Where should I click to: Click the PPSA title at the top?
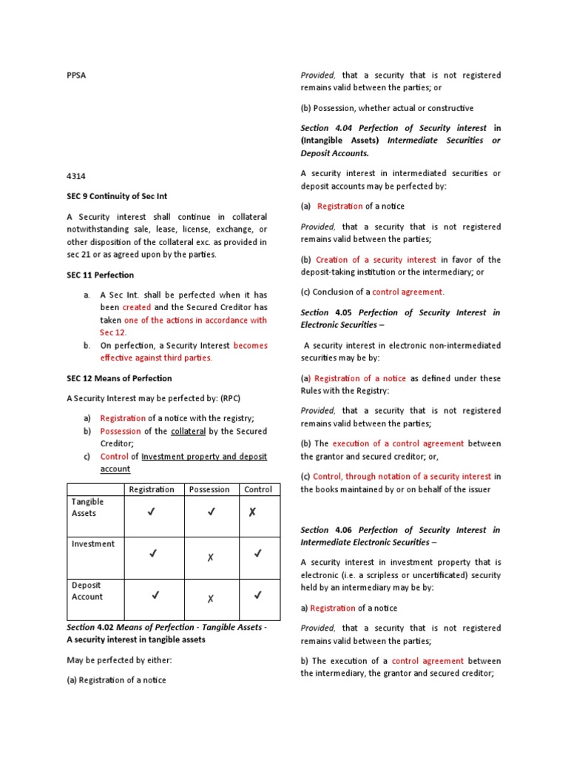coord(77,76)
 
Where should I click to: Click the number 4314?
coord(77,177)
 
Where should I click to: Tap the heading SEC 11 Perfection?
coord(101,275)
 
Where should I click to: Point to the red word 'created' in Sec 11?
coord(137,307)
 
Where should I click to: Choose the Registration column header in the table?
coord(152,489)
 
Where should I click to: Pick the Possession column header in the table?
coord(210,489)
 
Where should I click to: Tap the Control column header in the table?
coord(258,489)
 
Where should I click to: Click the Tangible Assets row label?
coord(88,508)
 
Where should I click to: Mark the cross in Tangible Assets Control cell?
coord(252,512)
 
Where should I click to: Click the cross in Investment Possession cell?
coord(210,557)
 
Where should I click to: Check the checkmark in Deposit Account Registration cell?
coord(155,594)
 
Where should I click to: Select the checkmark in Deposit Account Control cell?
coord(258,594)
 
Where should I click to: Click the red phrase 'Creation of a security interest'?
coord(376,260)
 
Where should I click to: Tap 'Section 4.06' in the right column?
coord(325,530)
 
